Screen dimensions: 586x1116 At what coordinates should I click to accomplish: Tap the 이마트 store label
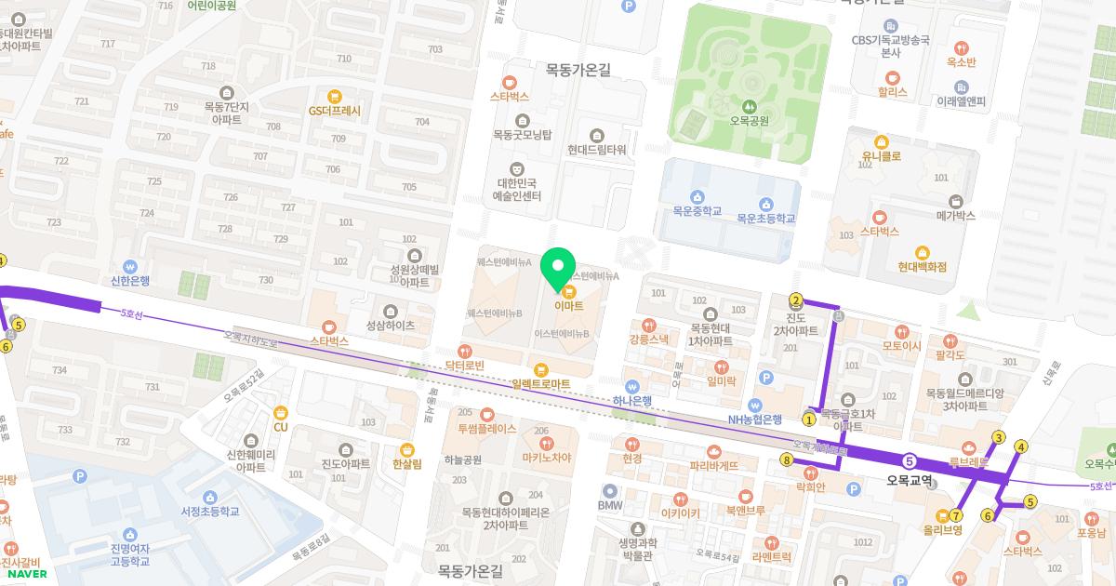click(568, 304)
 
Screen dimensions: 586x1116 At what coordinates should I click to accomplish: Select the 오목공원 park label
click(749, 120)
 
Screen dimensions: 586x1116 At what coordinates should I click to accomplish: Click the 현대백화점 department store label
click(922, 266)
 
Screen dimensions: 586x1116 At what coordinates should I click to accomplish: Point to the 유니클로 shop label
click(882, 156)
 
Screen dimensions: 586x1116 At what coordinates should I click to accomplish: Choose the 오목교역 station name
click(910, 480)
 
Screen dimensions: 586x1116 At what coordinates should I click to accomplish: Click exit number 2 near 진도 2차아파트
click(796, 300)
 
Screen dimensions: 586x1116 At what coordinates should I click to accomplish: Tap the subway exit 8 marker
click(787, 459)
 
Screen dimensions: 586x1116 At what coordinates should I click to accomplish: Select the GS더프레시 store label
click(334, 110)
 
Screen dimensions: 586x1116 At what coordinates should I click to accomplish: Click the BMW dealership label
click(609, 505)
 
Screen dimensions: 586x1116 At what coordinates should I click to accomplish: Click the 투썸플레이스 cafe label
click(486, 429)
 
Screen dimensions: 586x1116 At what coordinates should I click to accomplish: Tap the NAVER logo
click(25, 574)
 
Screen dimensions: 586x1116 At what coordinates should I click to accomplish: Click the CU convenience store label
click(281, 427)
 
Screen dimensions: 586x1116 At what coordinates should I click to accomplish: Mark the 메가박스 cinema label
click(955, 215)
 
